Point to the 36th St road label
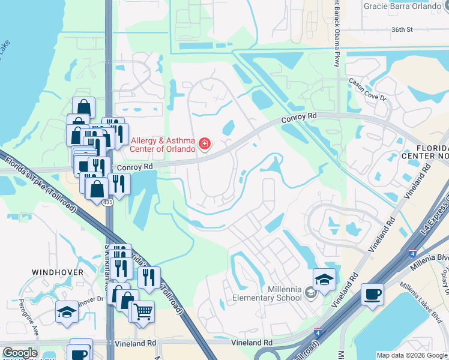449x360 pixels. tap(402, 29)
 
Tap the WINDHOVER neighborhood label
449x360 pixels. tap(58, 272)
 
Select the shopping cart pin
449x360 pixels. tap(142, 311)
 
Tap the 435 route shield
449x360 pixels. tap(107, 203)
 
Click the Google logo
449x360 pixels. tap(19, 353)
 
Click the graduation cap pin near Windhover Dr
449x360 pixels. tap(67, 311)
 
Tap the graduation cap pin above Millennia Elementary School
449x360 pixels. tap(324, 279)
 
